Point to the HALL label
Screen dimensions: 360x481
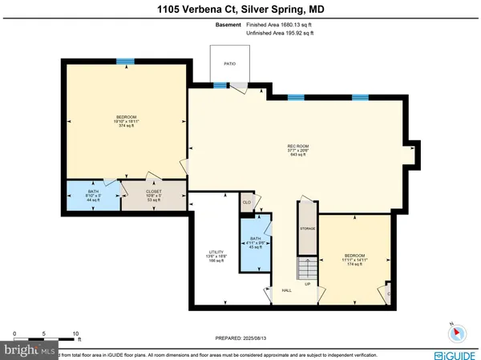(x=285, y=290)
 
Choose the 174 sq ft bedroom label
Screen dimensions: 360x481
(x=354, y=258)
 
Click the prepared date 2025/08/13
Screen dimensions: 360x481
(x=240, y=338)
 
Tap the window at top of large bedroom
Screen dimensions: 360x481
(x=124, y=62)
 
